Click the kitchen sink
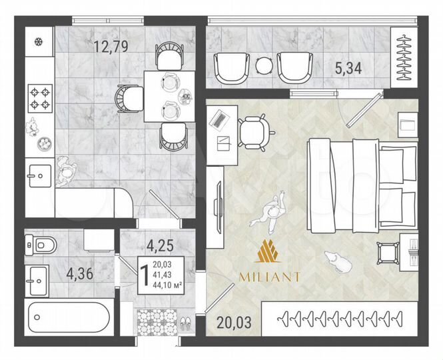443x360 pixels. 37,177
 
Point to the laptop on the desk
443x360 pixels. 220,119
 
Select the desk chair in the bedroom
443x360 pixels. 252,131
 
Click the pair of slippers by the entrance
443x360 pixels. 185,324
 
